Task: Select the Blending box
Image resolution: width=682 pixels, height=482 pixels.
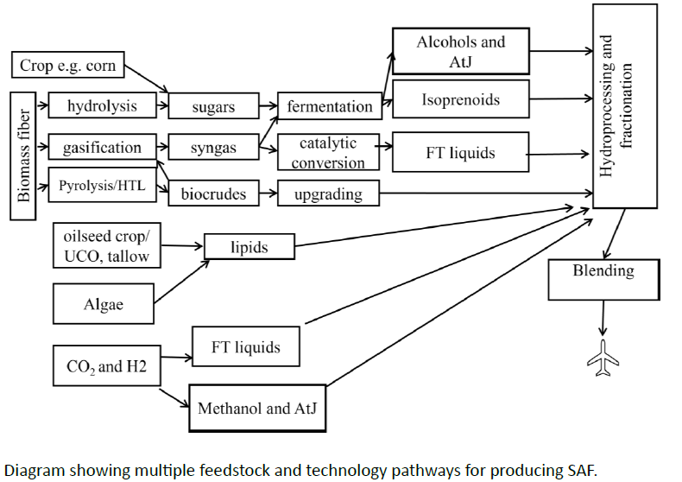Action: (x=603, y=280)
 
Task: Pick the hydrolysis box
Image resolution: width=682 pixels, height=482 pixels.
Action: (x=102, y=105)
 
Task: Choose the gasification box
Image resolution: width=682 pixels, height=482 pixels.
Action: (x=102, y=148)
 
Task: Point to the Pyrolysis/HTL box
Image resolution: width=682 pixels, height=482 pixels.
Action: (x=102, y=185)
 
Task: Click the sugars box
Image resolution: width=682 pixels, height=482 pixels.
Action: (x=213, y=107)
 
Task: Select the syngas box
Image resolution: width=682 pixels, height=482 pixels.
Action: (x=213, y=149)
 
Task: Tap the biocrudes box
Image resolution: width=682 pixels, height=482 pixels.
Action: (x=213, y=193)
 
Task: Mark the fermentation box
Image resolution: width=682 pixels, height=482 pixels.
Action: (x=330, y=107)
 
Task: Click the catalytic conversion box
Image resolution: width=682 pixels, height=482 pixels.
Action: (x=328, y=152)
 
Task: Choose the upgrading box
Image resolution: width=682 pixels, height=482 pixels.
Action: (x=328, y=193)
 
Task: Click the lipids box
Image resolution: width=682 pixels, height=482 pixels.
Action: (x=249, y=247)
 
